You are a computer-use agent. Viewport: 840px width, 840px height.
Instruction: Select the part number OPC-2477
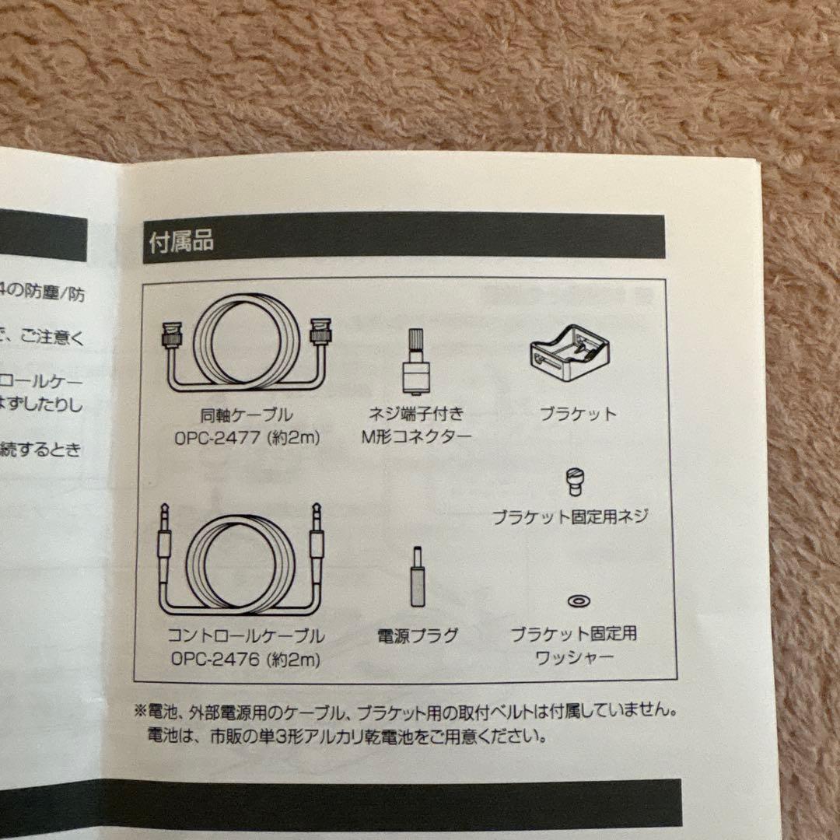(x=220, y=437)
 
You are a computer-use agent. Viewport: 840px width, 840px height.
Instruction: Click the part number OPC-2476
(x=219, y=660)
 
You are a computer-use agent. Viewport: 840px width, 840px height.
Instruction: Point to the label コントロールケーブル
(x=246, y=636)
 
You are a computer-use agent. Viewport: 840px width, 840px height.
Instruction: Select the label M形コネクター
(x=416, y=436)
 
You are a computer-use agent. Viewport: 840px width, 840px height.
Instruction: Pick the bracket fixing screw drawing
(x=576, y=481)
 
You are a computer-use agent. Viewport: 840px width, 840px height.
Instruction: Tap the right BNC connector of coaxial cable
(x=320, y=331)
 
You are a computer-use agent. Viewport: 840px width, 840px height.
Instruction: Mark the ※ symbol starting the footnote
(x=140, y=711)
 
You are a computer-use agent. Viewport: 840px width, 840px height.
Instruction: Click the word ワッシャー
(x=574, y=658)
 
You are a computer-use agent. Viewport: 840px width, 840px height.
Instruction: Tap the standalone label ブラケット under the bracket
(x=577, y=415)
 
